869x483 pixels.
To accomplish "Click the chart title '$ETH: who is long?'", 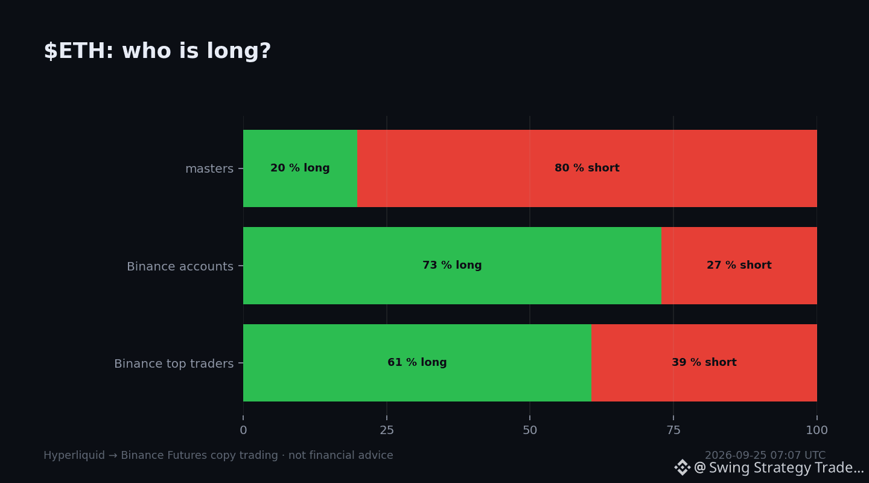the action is [157, 51].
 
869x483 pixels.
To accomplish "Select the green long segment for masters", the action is [301, 168].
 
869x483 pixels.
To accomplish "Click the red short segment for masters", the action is [587, 168].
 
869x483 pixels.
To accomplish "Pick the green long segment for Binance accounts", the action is [453, 266].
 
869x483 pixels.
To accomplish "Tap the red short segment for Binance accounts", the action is [739, 266].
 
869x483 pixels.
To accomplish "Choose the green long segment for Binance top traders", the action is [418, 363].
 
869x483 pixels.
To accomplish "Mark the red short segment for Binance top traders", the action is [704, 363].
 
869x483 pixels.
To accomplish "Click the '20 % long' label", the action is [300, 168].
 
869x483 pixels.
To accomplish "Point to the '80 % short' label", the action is [587, 168].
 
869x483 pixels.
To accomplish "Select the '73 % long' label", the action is [452, 265].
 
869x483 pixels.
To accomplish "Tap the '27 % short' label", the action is [739, 265].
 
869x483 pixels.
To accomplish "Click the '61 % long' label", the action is [417, 362].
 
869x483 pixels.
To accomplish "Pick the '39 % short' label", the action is [704, 362].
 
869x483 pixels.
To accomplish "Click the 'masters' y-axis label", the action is [209, 169].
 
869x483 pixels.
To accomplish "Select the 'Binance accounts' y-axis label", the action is [180, 266].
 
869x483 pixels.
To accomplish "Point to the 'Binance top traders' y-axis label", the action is [174, 364].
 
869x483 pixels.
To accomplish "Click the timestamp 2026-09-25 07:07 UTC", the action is [765, 455].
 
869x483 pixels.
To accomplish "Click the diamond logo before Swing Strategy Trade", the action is [683, 467].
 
